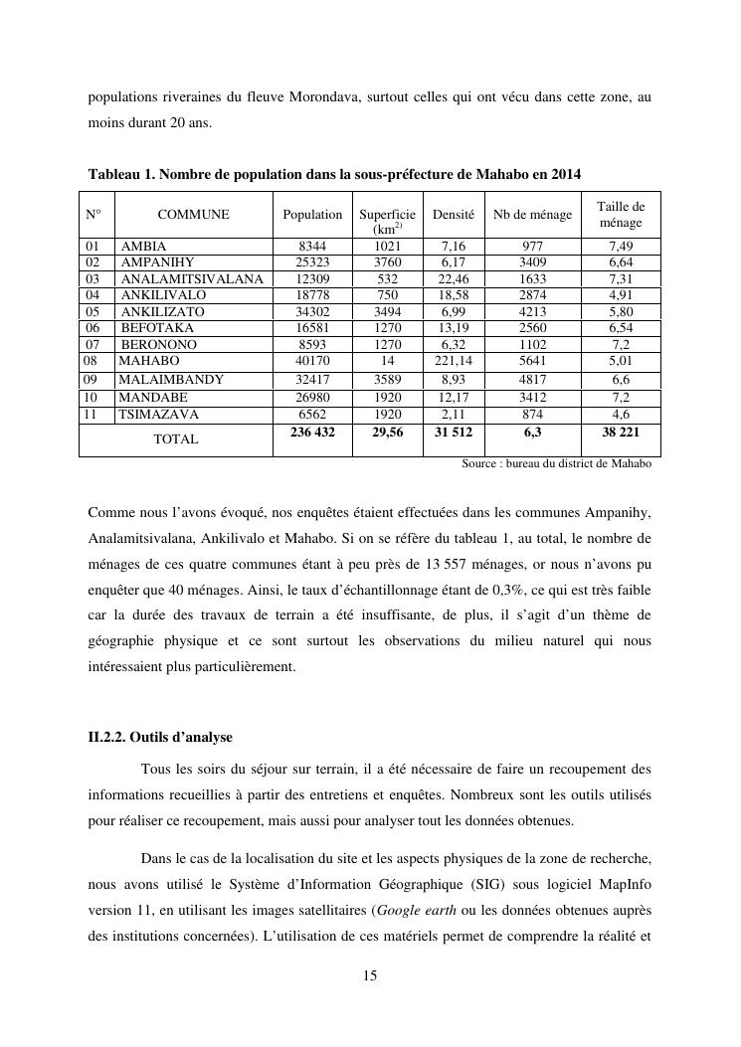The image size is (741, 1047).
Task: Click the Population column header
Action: tap(312, 215)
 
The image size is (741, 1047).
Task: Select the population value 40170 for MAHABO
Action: tap(312, 361)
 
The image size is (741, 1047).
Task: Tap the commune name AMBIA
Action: tap(143, 247)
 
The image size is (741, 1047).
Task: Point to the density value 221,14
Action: tap(453, 361)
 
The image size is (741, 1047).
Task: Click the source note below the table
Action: tap(556, 464)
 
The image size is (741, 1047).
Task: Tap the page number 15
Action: tap(370, 976)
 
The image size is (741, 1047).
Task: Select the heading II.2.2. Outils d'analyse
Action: tap(160, 738)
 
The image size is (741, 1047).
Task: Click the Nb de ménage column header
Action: tap(532, 215)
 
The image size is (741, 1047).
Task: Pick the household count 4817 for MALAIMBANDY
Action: tap(532, 380)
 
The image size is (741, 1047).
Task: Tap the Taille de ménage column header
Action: tap(621, 215)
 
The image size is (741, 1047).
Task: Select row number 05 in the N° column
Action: tap(93, 312)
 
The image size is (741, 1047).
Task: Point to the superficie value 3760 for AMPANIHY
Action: tap(387, 262)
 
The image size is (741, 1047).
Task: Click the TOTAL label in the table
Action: tap(175, 438)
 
